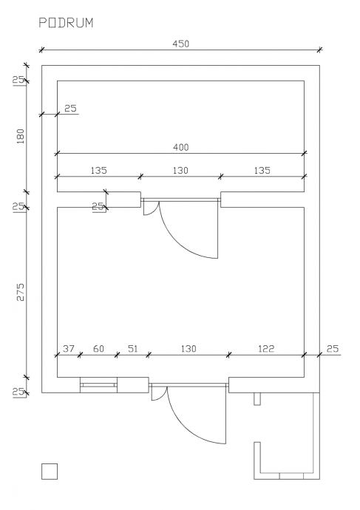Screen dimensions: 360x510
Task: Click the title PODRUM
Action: click(66, 23)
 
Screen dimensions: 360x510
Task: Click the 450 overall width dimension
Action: click(180, 44)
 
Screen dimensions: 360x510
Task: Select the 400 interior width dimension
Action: click(180, 148)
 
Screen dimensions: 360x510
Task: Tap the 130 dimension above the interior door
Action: click(180, 171)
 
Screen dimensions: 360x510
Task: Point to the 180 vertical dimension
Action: click(20, 137)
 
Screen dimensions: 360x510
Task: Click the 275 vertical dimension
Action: click(20, 292)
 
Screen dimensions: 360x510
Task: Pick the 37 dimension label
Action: click(68, 349)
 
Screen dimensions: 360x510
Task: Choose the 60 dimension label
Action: click(98, 349)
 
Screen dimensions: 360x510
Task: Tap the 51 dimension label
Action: click(132, 349)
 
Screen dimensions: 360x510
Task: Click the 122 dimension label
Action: click(266, 349)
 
